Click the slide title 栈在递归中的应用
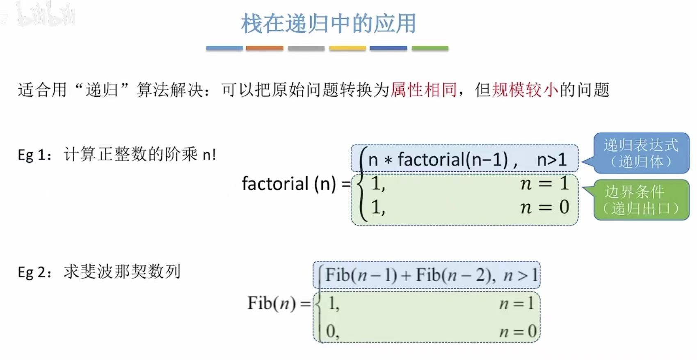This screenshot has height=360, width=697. [328, 23]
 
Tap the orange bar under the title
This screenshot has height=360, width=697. [265, 48]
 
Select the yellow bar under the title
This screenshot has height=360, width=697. [347, 48]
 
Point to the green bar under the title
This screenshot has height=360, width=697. [430, 48]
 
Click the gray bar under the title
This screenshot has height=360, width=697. [306, 48]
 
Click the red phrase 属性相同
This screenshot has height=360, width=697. [424, 89]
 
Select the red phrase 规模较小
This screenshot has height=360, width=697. [525, 89]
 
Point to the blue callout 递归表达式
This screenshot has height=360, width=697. [641, 153]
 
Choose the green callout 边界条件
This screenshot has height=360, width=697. [641, 200]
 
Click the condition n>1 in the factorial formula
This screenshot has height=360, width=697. [552, 159]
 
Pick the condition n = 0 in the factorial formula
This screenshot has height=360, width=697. [545, 207]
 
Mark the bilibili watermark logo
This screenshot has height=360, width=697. [45, 14]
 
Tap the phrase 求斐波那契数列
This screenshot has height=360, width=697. [122, 272]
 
